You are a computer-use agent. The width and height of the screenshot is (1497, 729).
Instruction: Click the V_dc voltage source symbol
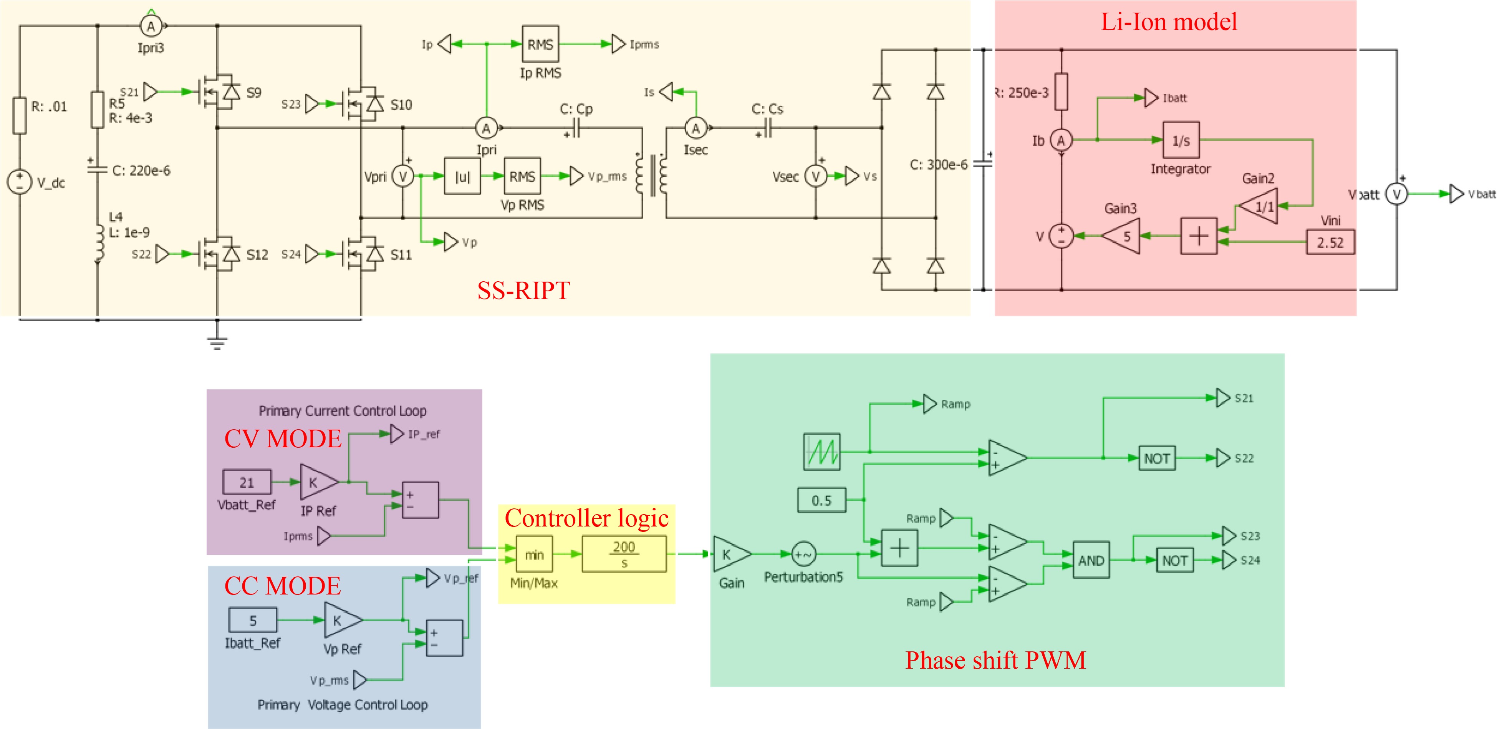pyautogui.click(x=19, y=181)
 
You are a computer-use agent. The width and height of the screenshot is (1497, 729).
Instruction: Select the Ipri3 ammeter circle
pyautogui.click(x=151, y=26)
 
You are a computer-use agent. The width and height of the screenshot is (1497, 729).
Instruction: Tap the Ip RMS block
pyautogui.click(x=540, y=44)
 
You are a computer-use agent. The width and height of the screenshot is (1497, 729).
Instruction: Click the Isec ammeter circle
pyautogui.click(x=696, y=128)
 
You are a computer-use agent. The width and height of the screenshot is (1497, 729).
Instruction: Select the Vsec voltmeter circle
pyautogui.click(x=815, y=176)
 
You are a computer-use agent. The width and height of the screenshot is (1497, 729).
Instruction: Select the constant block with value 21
pyautogui.click(x=247, y=482)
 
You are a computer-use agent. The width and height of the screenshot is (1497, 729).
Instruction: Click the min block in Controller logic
pyautogui.click(x=534, y=555)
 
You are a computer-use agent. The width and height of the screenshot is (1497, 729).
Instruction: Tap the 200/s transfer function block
pyautogui.click(x=624, y=555)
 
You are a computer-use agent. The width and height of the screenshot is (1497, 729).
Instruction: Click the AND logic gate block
pyautogui.click(x=1090, y=560)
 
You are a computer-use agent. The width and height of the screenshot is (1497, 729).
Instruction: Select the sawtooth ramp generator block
pyautogui.click(x=821, y=452)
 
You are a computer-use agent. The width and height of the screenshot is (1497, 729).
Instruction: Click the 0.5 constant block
pyautogui.click(x=821, y=500)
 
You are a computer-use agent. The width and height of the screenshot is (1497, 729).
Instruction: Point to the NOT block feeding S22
pyautogui.click(x=1156, y=458)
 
